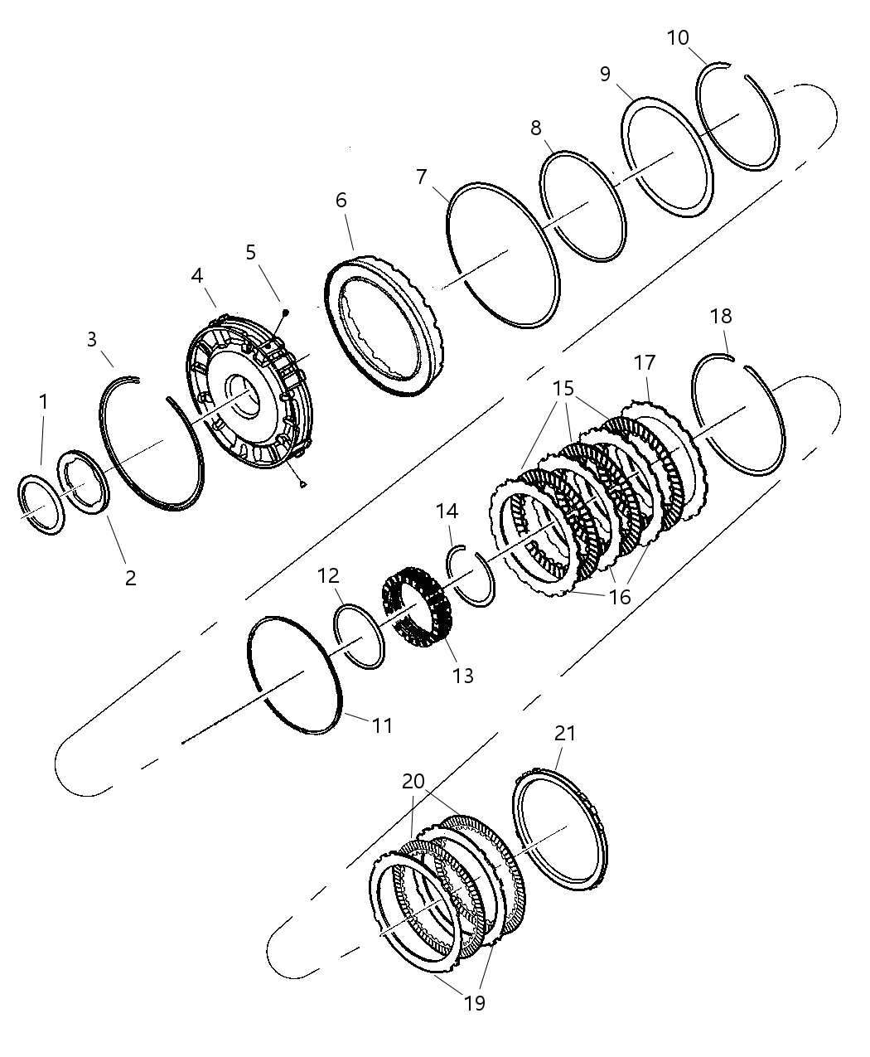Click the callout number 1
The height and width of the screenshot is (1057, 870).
pos(43,402)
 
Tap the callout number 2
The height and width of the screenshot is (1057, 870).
pos(130,578)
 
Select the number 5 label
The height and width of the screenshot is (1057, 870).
pos(251,252)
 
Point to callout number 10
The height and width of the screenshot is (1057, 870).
pos(678,38)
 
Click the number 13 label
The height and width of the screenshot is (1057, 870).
pos(463,676)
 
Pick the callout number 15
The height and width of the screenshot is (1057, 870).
pos(563,387)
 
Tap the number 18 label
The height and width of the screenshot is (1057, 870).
pos(721,316)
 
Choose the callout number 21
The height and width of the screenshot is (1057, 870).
pos(565,733)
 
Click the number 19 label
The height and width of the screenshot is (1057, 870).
pos(474,1003)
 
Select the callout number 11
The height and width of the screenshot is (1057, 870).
pos(382,725)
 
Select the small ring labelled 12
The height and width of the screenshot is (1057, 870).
pos(359,637)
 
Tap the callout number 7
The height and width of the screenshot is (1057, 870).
pos(421,177)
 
